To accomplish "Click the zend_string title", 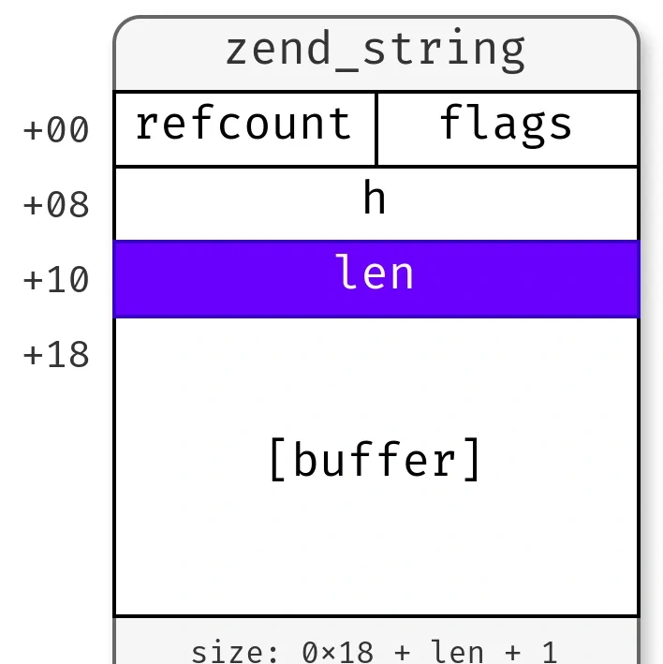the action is [376, 52].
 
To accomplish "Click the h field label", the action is [375, 197].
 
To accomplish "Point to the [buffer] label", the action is [376, 460].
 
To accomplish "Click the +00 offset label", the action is [56, 129].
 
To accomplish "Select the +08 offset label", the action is [56, 204].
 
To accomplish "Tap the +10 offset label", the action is [56, 279].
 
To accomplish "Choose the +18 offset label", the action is [56, 354].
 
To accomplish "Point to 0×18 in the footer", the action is [338, 653].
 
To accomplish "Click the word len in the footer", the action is [456, 653].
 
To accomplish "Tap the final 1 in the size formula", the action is [549, 653].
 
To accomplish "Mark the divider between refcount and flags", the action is [376, 129].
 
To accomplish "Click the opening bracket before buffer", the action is [278, 460].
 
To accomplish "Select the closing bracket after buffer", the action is [473, 460].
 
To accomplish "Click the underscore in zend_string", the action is [346, 71].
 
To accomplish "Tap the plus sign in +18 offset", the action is [32, 355].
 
